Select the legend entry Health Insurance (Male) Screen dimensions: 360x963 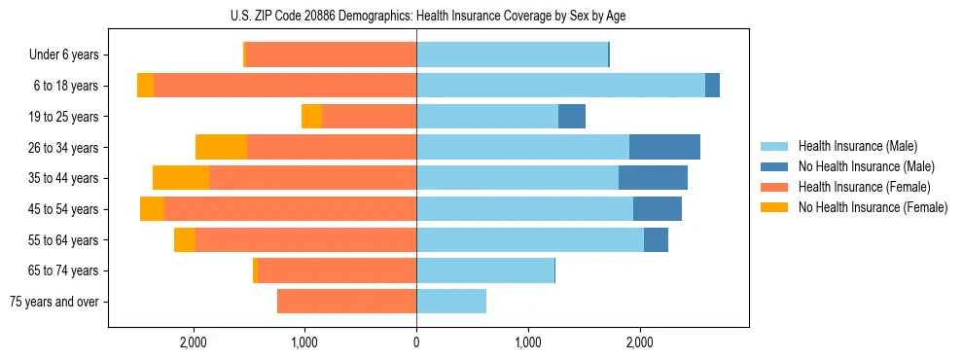pos(857,146)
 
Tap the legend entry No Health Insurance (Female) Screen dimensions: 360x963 pos(873,207)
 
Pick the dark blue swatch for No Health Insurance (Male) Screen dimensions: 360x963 pos(774,166)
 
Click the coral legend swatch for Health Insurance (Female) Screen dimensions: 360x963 pos(774,187)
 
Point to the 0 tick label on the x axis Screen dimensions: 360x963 pos(416,342)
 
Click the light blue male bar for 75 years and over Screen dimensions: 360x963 pos(451,302)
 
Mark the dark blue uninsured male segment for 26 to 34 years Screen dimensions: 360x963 pos(664,147)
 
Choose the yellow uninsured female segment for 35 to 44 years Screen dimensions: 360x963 pos(181,178)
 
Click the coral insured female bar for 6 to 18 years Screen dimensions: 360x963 pos(285,86)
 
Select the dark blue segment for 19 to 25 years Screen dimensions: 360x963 pos(572,117)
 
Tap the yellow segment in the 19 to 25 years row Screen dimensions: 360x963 pos(311,117)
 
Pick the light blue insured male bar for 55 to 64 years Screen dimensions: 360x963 pos(530,239)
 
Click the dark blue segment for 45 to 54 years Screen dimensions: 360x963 pos(658,209)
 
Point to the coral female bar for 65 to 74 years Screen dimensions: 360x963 pos(338,270)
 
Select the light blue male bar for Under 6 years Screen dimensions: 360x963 pos(512,54)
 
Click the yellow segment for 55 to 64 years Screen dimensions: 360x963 pos(185,239)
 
